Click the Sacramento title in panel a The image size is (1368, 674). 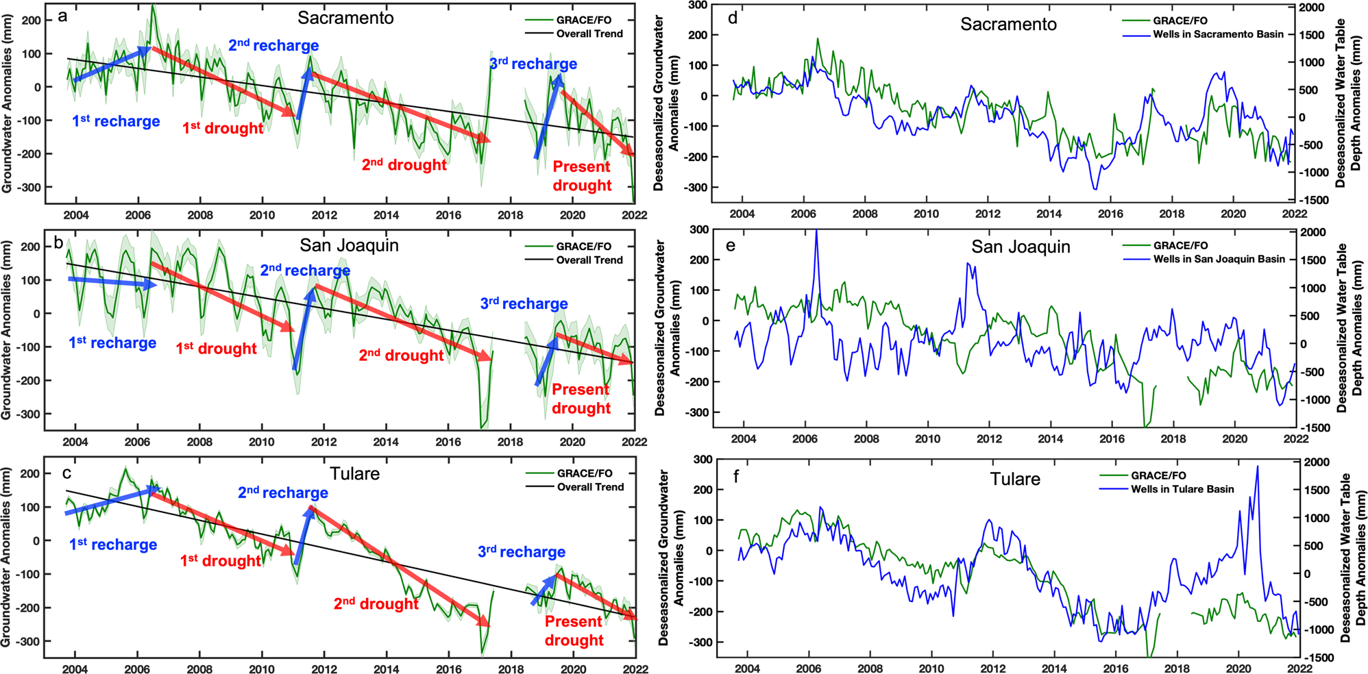[x=345, y=18]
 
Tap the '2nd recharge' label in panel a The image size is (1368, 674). [x=273, y=46]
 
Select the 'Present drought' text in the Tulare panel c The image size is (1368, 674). [x=574, y=631]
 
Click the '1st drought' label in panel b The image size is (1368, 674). [x=216, y=349]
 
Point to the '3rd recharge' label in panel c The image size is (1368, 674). [x=522, y=552]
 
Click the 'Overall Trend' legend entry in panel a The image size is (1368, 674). [x=589, y=34]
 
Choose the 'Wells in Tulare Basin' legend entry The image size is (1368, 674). [x=1182, y=489]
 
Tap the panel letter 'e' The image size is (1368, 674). [x=731, y=245]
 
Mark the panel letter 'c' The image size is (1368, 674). [x=66, y=473]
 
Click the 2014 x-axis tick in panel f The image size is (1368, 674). [x=1054, y=669]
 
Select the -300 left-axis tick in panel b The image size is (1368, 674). [x=28, y=414]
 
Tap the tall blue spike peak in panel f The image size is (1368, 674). [x=1257, y=466]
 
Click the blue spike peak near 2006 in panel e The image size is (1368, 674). [x=816, y=231]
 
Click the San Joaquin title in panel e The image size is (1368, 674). [x=1021, y=247]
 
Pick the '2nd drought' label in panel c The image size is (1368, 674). [x=376, y=604]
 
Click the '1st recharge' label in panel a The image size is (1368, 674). [x=116, y=121]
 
